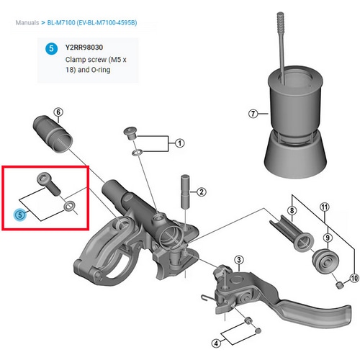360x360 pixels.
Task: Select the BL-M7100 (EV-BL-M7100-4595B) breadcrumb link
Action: (96, 23)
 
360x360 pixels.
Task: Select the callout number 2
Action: (202, 192)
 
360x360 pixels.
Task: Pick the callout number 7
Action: (252, 113)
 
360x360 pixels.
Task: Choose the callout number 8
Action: (292, 211)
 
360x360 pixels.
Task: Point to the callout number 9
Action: (327, 237)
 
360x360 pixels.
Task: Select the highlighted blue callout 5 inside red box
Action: (21, 214)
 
